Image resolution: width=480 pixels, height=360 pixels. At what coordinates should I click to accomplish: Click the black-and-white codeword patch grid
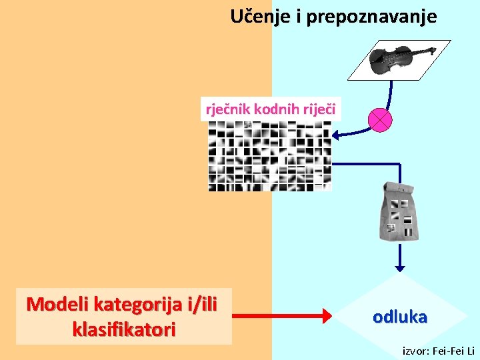[269, 156]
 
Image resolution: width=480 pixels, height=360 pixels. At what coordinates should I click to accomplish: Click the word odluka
[400, 317]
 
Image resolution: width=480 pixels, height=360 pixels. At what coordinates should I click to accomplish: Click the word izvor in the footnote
[416, 351]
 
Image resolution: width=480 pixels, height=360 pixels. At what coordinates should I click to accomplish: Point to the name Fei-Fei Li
[455, 351]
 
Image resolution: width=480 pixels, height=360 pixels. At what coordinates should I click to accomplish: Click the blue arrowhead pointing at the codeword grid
[337, 136]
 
